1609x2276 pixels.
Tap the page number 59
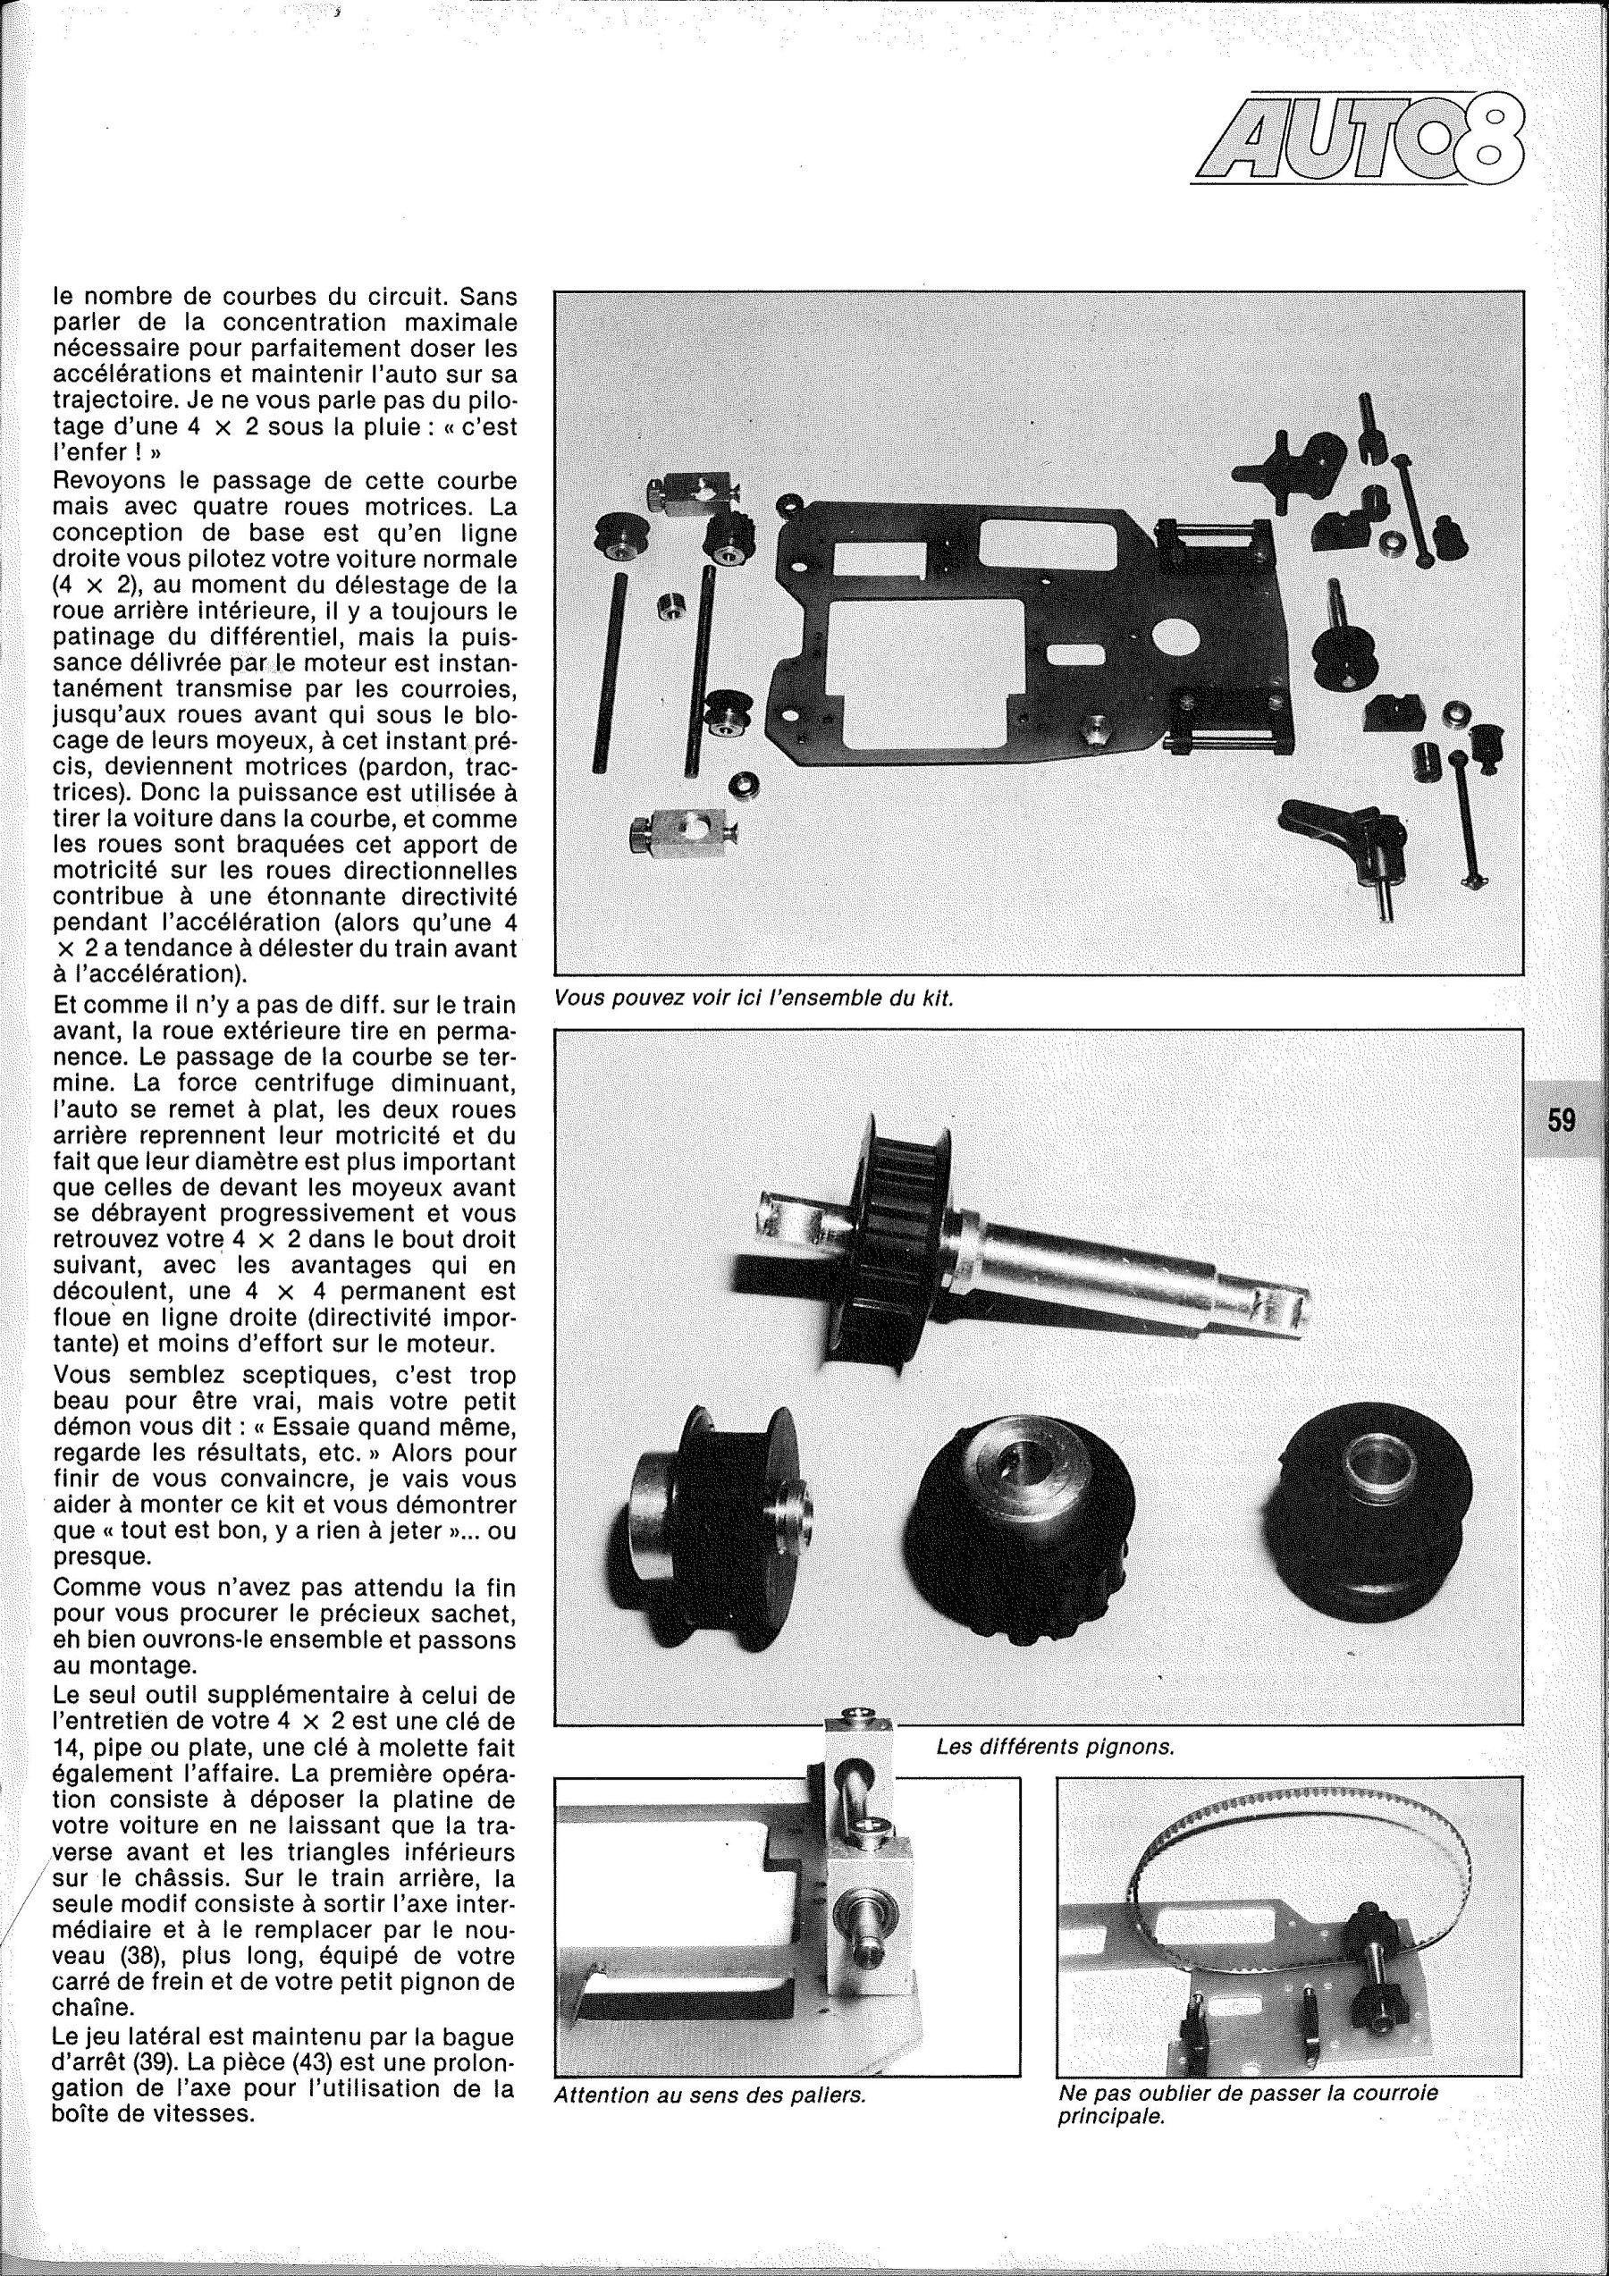1562,1120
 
